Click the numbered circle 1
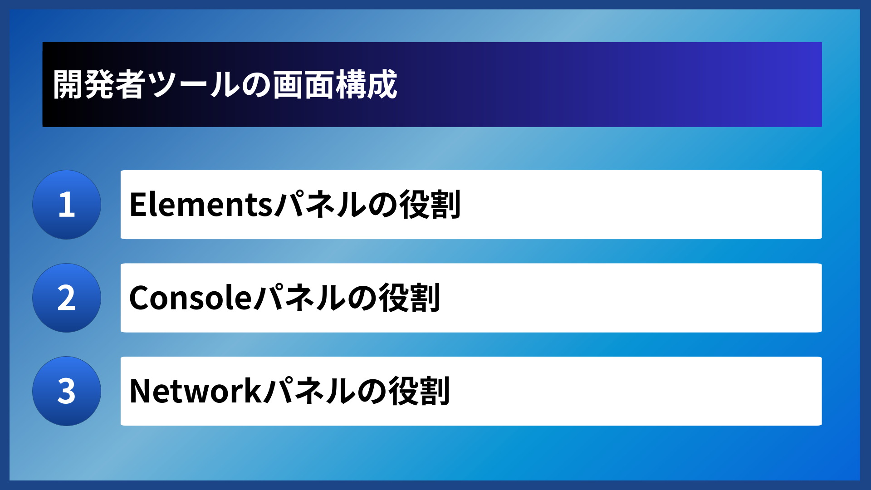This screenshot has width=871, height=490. pyautogui.click(x=67, y=205)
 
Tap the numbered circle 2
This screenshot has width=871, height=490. pyautogui.click(x=67, y=298)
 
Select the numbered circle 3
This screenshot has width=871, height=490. pyautogui.click(x=67, y=391)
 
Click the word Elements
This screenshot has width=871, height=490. pyautogui.click(x=201, y=205)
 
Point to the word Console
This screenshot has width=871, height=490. pyautogui.click(x=191, y=298)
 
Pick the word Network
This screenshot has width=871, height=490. pyautogui.click(x=196, y=391)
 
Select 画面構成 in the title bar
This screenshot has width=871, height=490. pyautogui.click(x=335, y=84)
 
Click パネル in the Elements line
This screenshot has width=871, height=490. pyautogui.click(x=320, y=205)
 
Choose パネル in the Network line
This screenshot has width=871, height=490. pyautogui.click(x=309, y=391)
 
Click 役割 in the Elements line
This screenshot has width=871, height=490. pyautogui.click(x=430, y=205)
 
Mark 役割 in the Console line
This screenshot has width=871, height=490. pyautogui.click(x=410, y=298)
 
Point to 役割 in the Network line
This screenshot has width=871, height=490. pyautogui.click(x=420, y=391)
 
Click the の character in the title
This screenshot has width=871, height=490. pyautogui.click(x=256, y=85)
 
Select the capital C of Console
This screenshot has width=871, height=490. pyautogui.click(x=140, y=298)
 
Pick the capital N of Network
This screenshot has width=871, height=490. pyautogui.click(x=141, y=391)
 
